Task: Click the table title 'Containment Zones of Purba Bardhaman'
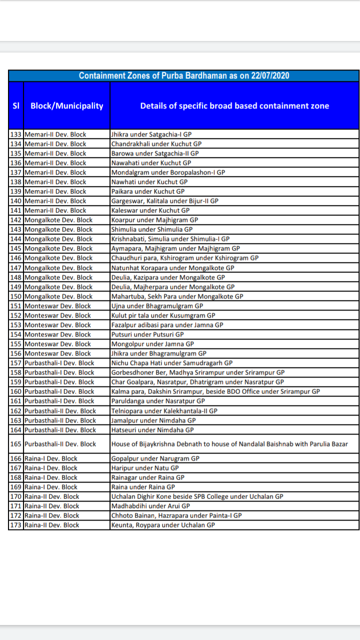(x=184, y=75)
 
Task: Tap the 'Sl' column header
(x=15, y=105)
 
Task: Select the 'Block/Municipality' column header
(x=67, y=105)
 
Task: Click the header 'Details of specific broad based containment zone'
(x=234, y=105)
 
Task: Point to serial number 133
(x=16, y=134)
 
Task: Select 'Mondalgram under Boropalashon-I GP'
(x=168, y=172)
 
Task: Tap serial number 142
(x=16, y=220)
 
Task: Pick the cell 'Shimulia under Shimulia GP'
(x=152, y=229)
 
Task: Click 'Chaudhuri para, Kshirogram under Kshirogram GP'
(x=184, y=258)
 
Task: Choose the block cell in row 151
(x=57, y=306)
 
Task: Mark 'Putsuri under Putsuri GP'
(x=147, y=334)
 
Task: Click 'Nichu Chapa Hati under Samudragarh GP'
(x=171, y=363)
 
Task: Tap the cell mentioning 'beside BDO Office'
(x=215, y=391)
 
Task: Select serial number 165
(x=16, y=444)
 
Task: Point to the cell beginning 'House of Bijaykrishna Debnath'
(x=229, y=444)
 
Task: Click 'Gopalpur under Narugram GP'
(x=155, y=458)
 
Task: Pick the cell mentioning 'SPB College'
(x=197, y=496)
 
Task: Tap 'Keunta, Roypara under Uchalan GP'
(x=163, y=525)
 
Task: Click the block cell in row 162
(x=60, y=411)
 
